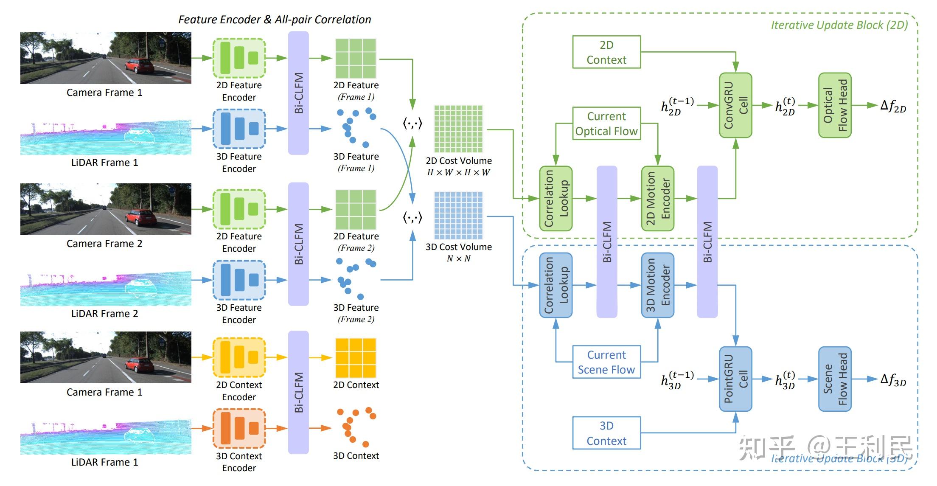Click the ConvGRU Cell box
pyautogui.click(x=735, y=105)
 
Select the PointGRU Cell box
pyautogui.click(x=735, y=379)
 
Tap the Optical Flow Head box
pyautogui.click(x=835, y=105)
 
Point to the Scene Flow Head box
pyautogui.click(x=835, y=379)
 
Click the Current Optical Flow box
pyautogui.click(x=606, y=124)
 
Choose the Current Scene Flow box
pyautogui.click(x=606, y=362)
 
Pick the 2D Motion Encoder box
pyautogui.click(x=657, y=198)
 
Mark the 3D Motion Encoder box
pyautogui.click(x=657, y=285)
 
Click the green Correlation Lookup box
pyautogui.click(x=555, y=198)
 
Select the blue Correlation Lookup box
pyautogui.click(x=555, y=285)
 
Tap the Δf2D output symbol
pyautogui.click(x=893, y=106)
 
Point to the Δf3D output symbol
pyautogui.click(x=893, y=379)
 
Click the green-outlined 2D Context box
pyautogui.click(x=606, y=52)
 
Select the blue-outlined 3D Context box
pyautogui.click(x=606, y=433)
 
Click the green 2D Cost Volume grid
pyautogui.click(x=458, y=129)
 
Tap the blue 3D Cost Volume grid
pyautogui.click(x=458, y=216)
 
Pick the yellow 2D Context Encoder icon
pyautogui.click(x=239, y=357)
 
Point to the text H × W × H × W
pyautogui.click(x=458, y=173)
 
